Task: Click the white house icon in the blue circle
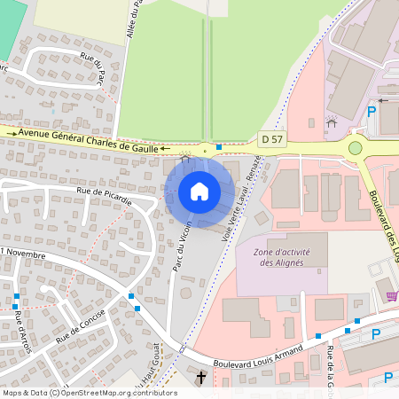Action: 199,191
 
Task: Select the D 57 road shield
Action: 271,139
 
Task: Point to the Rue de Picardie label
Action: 105,195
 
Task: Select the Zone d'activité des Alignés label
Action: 282,257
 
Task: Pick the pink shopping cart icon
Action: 392,294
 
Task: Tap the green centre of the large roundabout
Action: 356,148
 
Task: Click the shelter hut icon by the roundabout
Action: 332,122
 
